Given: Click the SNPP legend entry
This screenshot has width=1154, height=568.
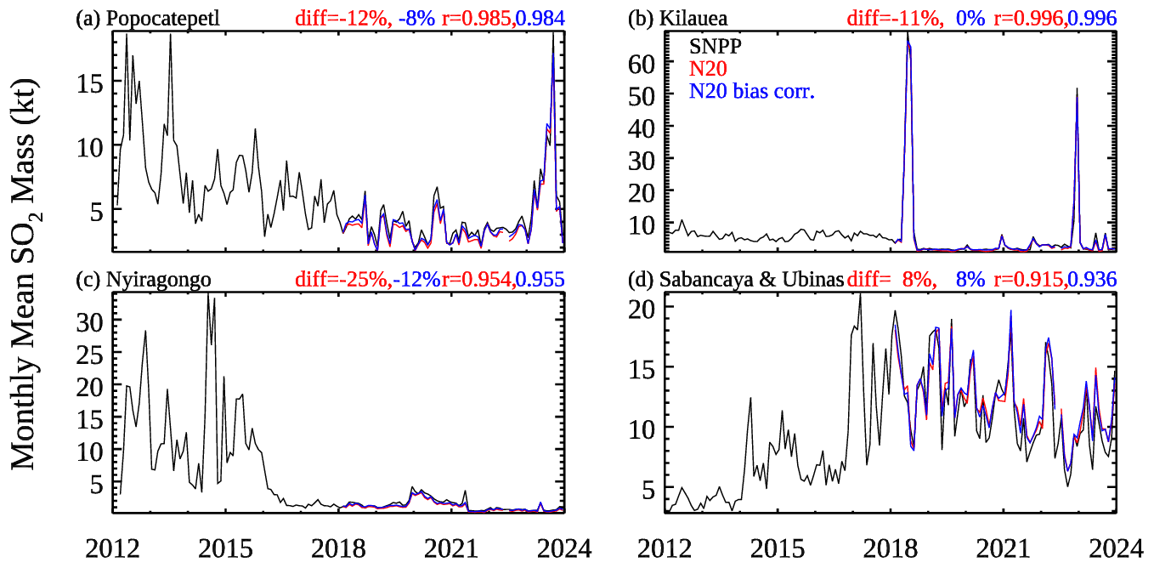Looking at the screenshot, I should [713, 48].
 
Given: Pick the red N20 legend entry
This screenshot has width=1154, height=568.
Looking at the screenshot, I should [707, 70].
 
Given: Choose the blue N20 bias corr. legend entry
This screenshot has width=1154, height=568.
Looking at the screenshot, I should [752, 92].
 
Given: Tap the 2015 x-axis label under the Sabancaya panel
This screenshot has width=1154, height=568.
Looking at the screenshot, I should [776, 548].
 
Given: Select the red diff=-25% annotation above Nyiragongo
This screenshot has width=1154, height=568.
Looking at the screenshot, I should [343, 278].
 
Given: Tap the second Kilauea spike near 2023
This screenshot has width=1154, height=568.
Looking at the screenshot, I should [1077, 89].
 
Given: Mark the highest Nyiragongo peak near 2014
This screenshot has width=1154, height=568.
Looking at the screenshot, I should [208, 295].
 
